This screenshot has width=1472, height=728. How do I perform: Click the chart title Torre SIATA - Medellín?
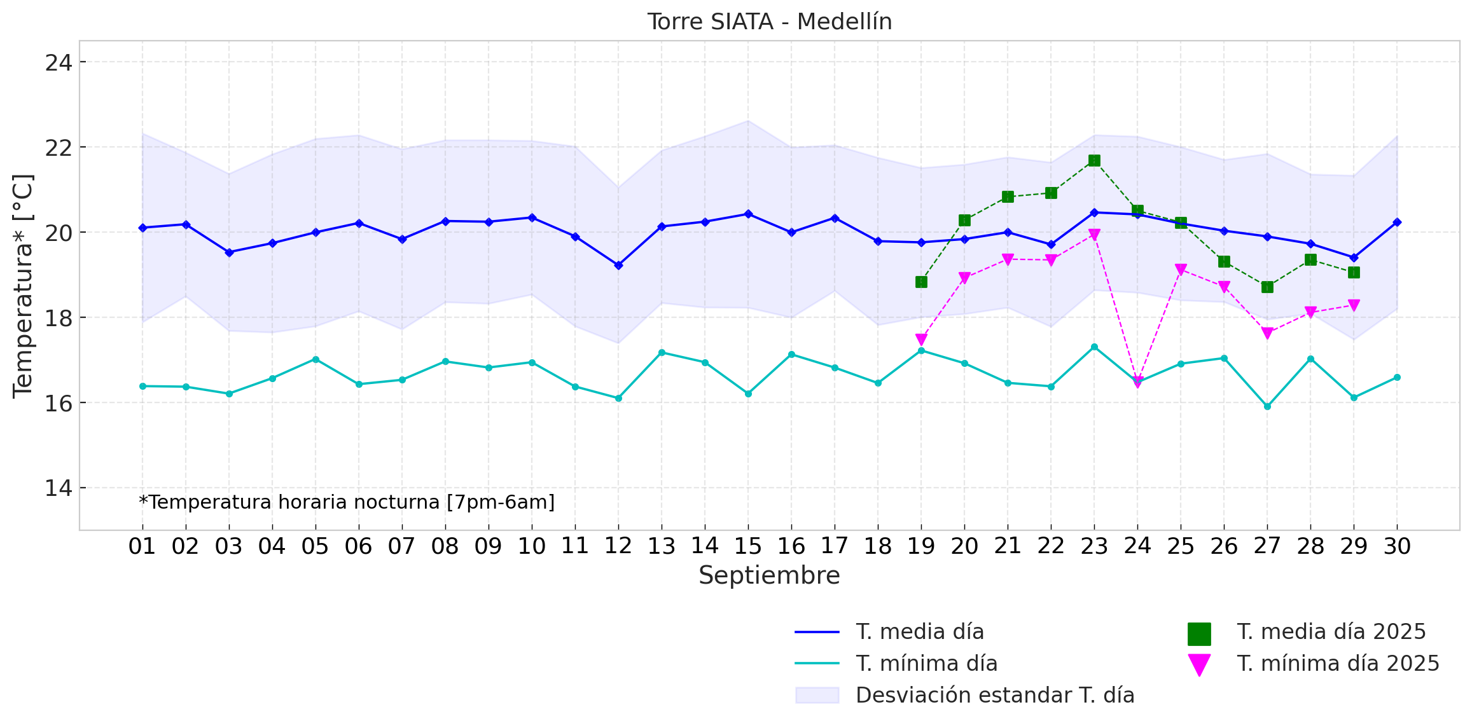769,22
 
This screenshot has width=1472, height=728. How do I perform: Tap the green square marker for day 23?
1094,161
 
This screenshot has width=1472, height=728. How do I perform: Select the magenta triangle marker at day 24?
1137,381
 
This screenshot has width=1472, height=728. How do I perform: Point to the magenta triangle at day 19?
921,340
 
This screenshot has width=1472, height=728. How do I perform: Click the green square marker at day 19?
921,282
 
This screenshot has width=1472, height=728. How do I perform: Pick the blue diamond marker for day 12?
618,265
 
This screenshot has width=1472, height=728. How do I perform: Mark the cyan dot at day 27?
1267,406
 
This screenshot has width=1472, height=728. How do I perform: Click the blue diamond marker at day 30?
1397,223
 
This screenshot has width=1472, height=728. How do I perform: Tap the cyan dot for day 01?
142,386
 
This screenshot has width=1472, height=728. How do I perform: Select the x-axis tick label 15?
748,546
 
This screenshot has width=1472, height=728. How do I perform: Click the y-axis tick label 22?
58,148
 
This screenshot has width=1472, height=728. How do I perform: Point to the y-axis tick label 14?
58,488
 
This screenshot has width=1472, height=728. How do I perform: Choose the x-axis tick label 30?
1397,546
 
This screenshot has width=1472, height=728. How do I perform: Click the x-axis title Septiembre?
769,576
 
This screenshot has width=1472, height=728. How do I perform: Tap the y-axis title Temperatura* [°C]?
23,286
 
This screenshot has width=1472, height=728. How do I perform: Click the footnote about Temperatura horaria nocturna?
347,502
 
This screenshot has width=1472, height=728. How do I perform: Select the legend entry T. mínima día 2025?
1338,664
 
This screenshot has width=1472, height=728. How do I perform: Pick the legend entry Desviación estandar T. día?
994,696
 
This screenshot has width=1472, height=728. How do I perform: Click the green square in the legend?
1199,634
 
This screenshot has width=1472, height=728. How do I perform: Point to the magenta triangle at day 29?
1354,305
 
